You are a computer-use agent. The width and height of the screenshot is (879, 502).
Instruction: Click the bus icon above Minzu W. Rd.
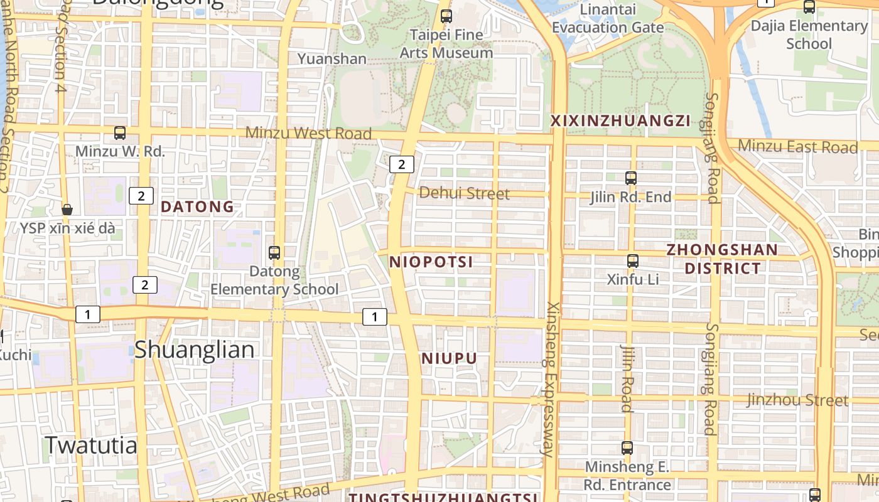(x=120, y=133)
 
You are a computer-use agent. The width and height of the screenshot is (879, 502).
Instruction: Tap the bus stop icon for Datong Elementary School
(x=274, y=253)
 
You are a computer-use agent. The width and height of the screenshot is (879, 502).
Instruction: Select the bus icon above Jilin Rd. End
(x=631, y=178)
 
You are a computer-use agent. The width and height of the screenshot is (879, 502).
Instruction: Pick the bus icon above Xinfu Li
(x=633, y=261)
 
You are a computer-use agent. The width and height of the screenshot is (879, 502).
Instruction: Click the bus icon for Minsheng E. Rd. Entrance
(x=627, y=448)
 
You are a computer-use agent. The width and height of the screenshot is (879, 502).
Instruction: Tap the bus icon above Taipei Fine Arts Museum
(x=446, y=16)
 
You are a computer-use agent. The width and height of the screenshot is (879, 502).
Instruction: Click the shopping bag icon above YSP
(x=67, y=210)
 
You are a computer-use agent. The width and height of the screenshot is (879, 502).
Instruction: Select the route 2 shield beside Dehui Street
(x=402, y=164)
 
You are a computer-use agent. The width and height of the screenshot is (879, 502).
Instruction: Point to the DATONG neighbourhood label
(x=198, y=206)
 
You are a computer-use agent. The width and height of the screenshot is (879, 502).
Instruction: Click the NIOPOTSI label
(x=431, y=262)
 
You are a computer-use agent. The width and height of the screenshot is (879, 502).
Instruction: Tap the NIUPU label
(x=450, y=358)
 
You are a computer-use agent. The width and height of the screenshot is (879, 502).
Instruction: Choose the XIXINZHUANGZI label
(x=620, y=120)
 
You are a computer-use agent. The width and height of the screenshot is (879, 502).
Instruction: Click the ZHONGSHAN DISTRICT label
(x=722, y=259)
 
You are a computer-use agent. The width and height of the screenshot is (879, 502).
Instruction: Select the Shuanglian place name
(x=195, y=350)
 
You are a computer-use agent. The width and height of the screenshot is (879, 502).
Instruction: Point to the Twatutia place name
(x=91, y=445)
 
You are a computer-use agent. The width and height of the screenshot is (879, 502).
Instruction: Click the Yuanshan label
(x=332, y=59)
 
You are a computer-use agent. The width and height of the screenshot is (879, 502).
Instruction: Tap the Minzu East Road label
(x=797, y=147)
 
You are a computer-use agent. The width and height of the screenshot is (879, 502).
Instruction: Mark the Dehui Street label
(x=464, y=193)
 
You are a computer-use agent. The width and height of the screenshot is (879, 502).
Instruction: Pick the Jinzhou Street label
(x=797, y=400)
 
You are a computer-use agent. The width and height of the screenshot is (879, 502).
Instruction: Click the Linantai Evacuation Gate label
(x=608, y=19)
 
